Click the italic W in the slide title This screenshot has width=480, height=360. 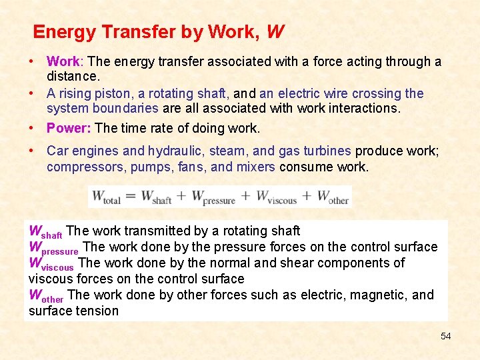[x=275, y=31]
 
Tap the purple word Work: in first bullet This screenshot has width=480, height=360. [x=63, y=61]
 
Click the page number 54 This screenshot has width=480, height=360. [x=445, y=336]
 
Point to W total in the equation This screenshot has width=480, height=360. [x=106, y=197]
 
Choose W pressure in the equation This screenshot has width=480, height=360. [x=213, y=197]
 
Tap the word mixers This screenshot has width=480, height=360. [x=256, y=167]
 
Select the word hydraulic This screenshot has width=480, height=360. [x=176, y=151]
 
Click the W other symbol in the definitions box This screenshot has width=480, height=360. [x=45, y=295]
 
